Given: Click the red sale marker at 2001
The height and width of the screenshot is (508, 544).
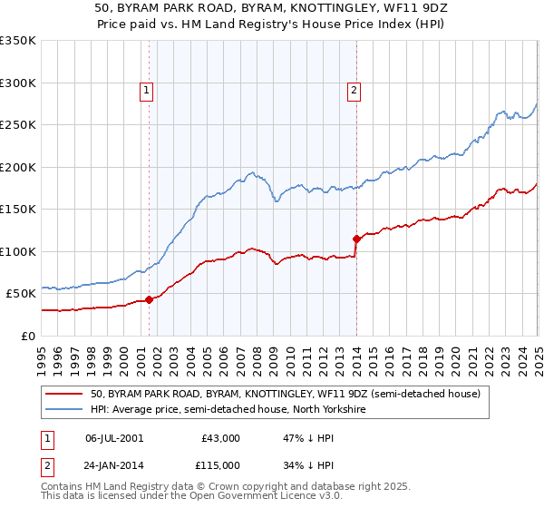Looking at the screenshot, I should tap(149, 299).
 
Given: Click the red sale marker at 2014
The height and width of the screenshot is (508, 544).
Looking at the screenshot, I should tap(356, 239).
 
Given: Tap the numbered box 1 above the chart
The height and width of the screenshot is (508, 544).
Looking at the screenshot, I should tap(147, 89).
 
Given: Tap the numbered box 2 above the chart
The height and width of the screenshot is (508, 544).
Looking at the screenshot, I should tap(354, 89).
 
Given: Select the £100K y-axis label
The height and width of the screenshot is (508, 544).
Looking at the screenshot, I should tap(18, 251).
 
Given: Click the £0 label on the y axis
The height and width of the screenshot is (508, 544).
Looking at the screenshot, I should tap(27, 336).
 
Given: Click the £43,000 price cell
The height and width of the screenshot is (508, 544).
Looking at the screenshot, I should tap(220, 438).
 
